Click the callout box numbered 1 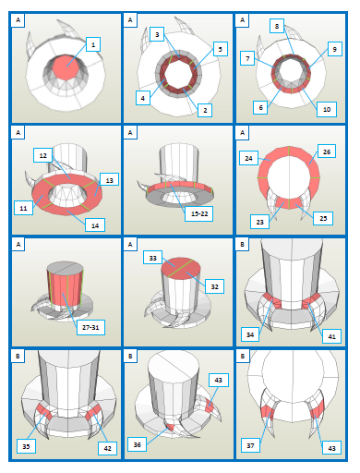(x=93, y=44)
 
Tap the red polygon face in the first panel (x=66, y=67)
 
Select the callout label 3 (x=157, y=34)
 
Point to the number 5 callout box (x=221, y=49)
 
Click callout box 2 (x=205, y=110)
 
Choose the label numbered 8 (x=277, y=26)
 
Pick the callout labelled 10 (x=327, y=109)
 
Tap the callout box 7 (x=247, y=58)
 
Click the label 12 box (x=42, y=155)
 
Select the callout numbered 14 (x=95, y=225)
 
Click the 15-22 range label (x=199, y=213)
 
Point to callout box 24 (x=248, y=158)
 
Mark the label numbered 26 (x=327, y=152)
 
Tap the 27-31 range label (x=90, y=327)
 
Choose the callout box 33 (x=153, y=258)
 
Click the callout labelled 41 (x=331, y=336)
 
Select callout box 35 (x=26, y=446)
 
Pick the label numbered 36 (x=138, y=444)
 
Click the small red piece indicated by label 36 (x=170, y=428)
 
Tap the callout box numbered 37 (x=250, y=445)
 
